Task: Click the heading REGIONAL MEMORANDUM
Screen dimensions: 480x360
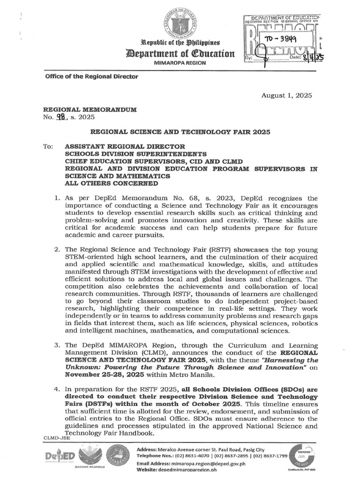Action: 90,109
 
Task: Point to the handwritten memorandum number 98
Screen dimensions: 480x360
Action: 59,118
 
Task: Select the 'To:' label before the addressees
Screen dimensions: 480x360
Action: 49,146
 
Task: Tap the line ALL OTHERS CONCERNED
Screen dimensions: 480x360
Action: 111,183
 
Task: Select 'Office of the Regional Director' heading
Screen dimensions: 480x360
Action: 91,76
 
